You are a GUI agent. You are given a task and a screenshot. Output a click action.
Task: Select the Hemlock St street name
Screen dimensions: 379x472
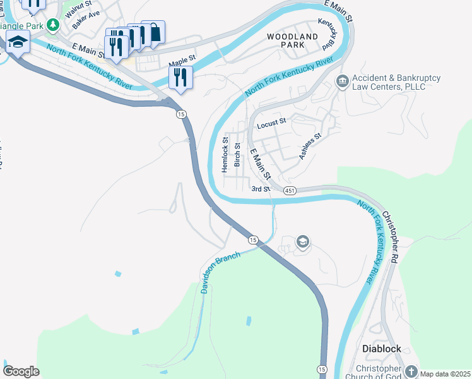click(225, 155)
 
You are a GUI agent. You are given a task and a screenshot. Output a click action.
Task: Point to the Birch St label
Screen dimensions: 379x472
click(237, 154)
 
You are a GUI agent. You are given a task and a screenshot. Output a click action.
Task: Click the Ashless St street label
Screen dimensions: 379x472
click(310, 146)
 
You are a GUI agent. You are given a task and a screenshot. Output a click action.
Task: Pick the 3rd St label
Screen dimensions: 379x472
click(261, 189)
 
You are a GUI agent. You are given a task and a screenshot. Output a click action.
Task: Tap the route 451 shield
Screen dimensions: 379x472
click(290, 191)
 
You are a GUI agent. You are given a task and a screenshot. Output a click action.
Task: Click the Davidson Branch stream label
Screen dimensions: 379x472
click(220, 272)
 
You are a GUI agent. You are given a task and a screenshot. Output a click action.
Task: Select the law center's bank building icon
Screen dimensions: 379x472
click(342, 81)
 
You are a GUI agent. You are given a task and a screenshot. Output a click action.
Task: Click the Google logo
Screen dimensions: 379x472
click(21, 371)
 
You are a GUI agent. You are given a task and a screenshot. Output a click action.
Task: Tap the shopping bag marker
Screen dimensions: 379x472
click(153, 31)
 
